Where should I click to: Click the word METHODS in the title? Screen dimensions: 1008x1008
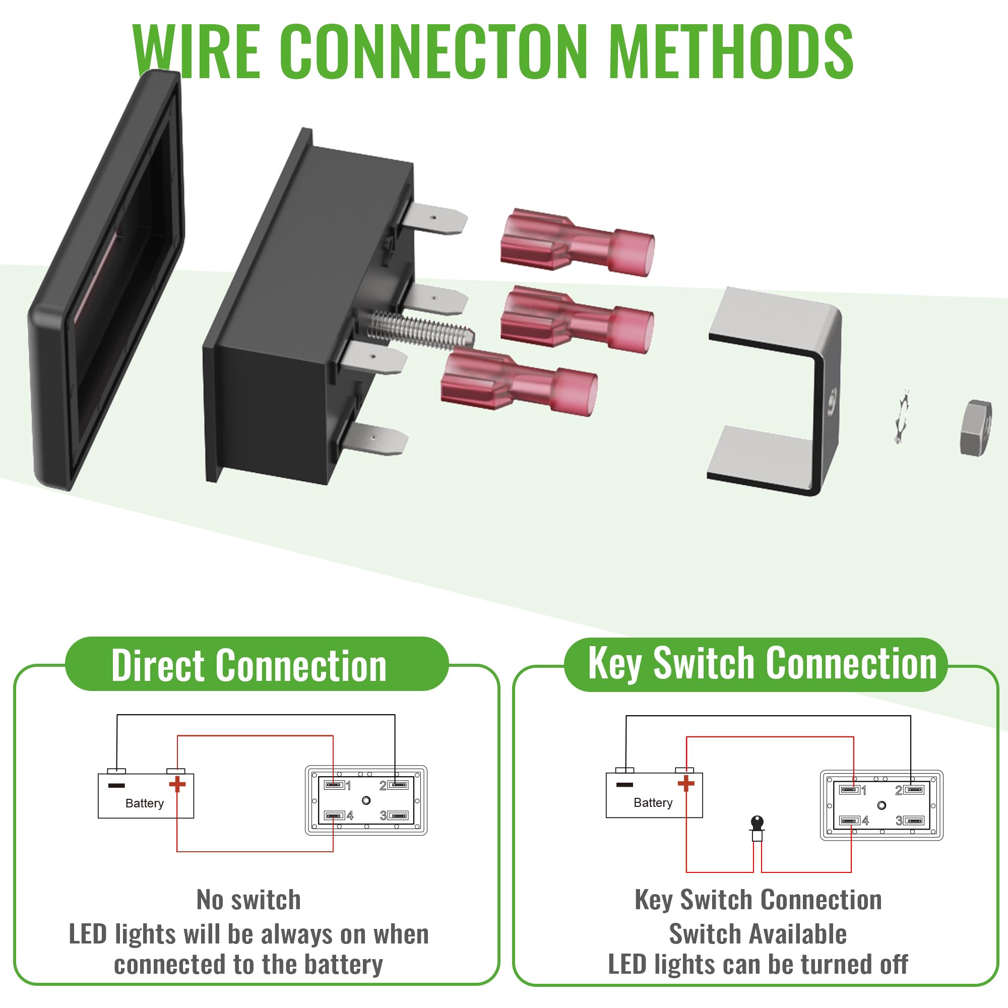(x=730, y=51)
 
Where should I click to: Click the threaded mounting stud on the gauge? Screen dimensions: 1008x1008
(x=417, y=330)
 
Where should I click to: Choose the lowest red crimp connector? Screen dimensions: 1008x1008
(x=519, y=383)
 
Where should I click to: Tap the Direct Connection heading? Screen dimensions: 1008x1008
(x=249, y=666)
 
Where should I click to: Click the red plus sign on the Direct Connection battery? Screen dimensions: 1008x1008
(x=177, y=784)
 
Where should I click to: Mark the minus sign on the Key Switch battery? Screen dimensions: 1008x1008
(x=624, y=784)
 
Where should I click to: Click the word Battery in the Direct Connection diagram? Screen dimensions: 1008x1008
(x=145, y=803)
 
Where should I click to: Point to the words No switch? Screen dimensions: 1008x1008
(x=249, y=900)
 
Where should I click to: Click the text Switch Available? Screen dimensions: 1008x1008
(x=758, y=934)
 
